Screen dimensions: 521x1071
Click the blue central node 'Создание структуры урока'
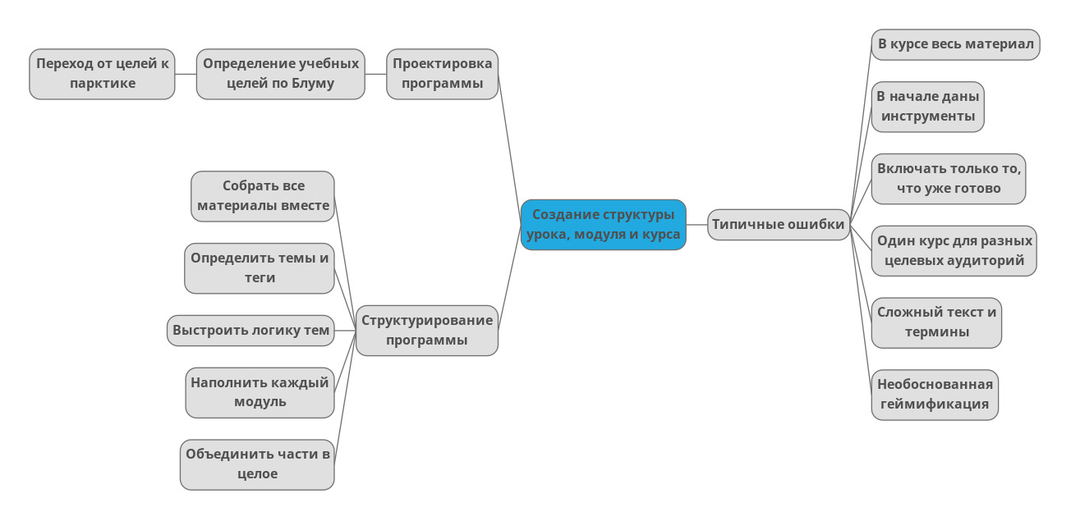coord(603,225)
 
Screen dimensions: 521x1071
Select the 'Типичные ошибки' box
coord(778,225)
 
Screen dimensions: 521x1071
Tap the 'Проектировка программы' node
coord(442,74)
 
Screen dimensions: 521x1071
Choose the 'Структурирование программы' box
coord(427,331)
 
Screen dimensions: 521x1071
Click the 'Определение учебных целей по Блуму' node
coord(280,74)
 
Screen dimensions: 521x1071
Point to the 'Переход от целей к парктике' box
coord(102,74)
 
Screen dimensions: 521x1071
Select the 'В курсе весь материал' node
coord(955,44)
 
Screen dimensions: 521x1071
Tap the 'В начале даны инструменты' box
coord(927,107)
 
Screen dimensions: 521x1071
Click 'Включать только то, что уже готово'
coord(949,179)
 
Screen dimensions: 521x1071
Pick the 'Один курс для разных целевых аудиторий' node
coord(954,251)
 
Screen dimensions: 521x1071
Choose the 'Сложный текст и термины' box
coord(936,322)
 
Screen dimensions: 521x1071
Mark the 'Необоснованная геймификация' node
coord(935,395)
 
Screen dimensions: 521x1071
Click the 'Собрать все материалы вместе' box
coord(263,196)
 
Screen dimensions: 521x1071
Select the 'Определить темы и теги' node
coord(260,268)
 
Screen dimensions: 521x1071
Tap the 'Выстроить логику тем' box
coord(251,331)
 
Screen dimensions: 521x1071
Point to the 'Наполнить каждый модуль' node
coord(260,392)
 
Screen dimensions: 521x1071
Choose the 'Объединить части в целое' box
coord(257,464)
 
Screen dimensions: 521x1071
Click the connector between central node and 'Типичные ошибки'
coord(696,224)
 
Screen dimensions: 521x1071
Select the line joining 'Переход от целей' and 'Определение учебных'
coord(186,74)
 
